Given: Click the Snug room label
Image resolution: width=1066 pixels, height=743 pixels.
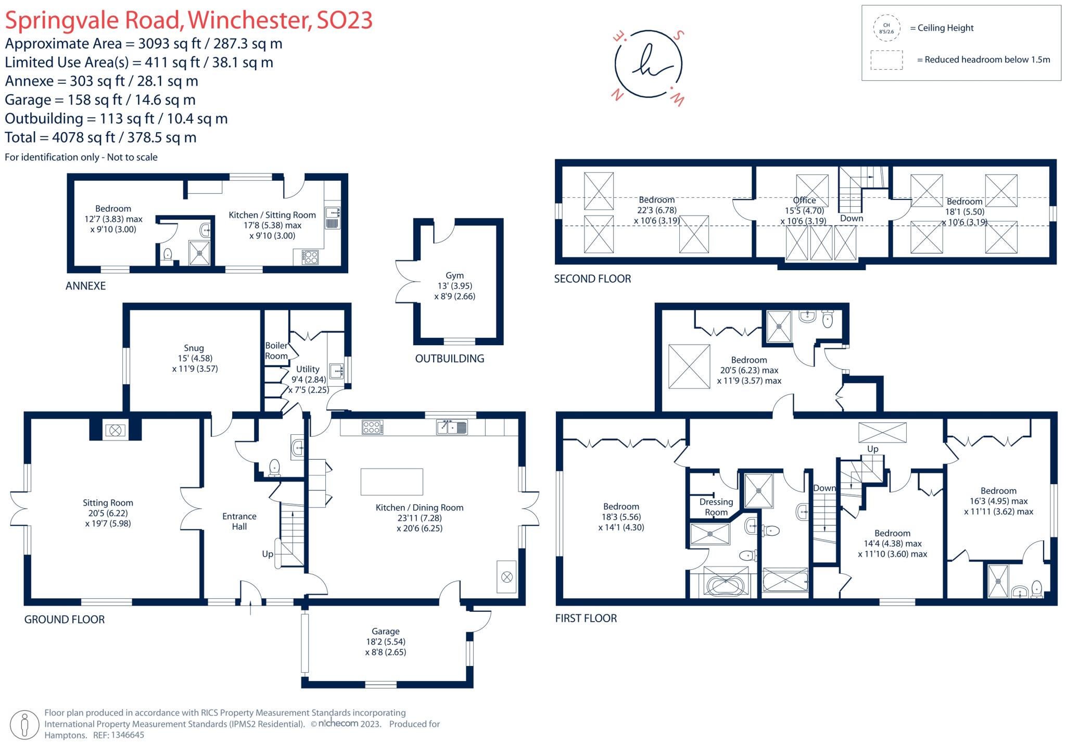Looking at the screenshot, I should tap(194, 348).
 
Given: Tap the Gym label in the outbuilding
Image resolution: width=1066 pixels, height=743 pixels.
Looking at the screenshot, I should tap(454, 275).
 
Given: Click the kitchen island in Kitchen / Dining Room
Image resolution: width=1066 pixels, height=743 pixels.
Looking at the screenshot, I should tap(391, 481).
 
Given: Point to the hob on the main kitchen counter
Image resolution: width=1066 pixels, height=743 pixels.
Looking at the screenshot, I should tap(372, 427).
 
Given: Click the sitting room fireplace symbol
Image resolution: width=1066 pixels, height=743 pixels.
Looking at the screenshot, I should tap(115, 431).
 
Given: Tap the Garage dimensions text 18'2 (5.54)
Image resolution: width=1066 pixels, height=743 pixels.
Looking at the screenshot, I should tap(385, 641).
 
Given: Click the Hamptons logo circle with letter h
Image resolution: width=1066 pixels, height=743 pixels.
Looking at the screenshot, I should tap(648, 65).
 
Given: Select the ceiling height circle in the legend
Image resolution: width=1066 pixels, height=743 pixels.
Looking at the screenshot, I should tap(886, 28).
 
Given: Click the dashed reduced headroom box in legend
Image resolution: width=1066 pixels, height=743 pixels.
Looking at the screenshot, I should tap(886, 60).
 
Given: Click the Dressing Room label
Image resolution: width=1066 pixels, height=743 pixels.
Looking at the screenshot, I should tap(716, 507).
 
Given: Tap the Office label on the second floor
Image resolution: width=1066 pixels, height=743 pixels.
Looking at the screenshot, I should tap(804, 200).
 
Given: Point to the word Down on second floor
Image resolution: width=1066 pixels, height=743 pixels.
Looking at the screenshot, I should tap(852, 218).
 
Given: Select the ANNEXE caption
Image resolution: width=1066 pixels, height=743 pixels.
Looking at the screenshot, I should tap(85, 286).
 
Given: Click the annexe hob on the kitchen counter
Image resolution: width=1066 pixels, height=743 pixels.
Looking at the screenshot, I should tap(311, 257).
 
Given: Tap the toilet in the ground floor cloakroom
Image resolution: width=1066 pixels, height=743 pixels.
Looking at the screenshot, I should tap(274, 467).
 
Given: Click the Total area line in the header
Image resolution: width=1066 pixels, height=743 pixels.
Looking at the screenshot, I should tap(100, 137).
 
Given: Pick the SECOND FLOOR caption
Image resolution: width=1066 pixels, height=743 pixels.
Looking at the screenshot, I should tap(592, 279).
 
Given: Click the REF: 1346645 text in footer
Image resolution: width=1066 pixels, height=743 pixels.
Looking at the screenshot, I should tap(118, 735).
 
